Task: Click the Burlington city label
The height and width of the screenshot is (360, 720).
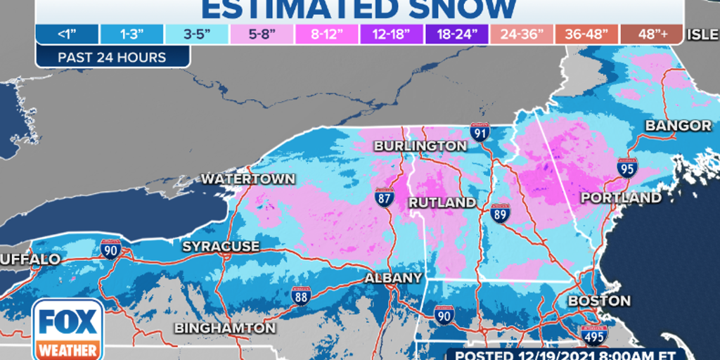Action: coord(420,146)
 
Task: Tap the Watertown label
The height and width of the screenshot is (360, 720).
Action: coord(248,179)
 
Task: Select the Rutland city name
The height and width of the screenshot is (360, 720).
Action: coord(443,202)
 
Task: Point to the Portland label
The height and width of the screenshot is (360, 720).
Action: coord(620,198)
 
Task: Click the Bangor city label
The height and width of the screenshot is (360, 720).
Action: coord(678,126)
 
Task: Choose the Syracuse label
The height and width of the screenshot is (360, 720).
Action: coord(221,247)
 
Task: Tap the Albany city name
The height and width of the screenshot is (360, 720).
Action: coord(393,278)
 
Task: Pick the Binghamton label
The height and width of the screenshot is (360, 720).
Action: coord(225,328)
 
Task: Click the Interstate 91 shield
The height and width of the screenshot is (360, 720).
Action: coord(480,131)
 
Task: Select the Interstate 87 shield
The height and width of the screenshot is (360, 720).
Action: coord(384,199)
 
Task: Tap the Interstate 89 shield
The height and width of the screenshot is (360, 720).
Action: coord(499,213)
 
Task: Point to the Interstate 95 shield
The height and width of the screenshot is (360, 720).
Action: coord(627,169)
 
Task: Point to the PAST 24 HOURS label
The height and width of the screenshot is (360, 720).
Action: coord(112,57)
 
